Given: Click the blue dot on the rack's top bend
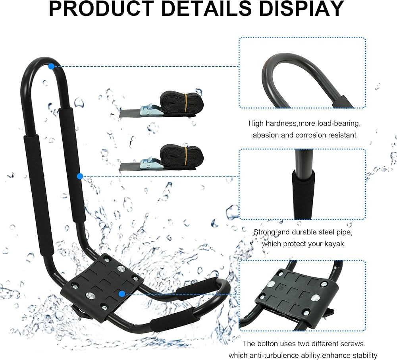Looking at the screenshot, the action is (51, 66).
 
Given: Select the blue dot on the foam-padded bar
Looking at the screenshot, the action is (80, 176).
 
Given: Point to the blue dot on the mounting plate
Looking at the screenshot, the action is (122, 294).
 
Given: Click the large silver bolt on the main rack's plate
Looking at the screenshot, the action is (91, 294).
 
